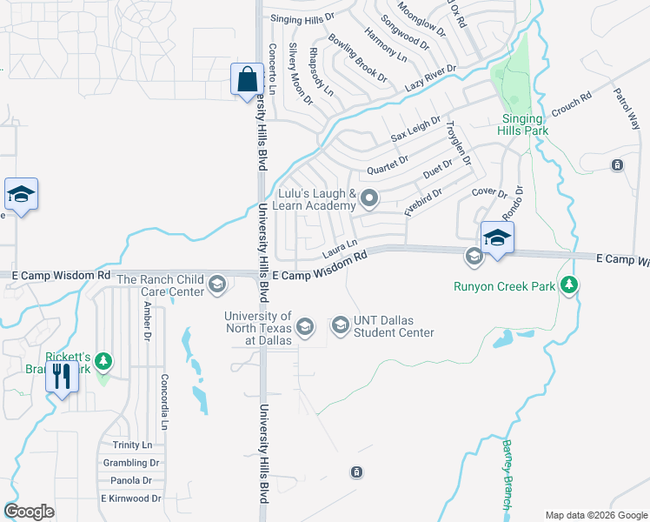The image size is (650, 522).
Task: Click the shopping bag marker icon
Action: point(247,79)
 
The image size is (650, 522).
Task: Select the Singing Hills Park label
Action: point(522,124)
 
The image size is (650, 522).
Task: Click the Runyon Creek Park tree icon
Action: point(569,284)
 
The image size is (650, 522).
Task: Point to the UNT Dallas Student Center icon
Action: point(340,325)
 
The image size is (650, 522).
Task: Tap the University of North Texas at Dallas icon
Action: point(304,326)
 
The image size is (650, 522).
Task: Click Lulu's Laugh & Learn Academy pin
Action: point(369,199)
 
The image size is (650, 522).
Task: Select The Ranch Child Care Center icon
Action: point(216,284)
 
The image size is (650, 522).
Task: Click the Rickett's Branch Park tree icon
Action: point(103,359)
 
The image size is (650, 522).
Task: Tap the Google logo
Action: point(30,512)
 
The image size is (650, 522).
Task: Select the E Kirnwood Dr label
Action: point(130,499)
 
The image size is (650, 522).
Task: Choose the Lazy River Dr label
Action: point(430,79)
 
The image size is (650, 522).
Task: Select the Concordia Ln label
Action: point(163,401)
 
